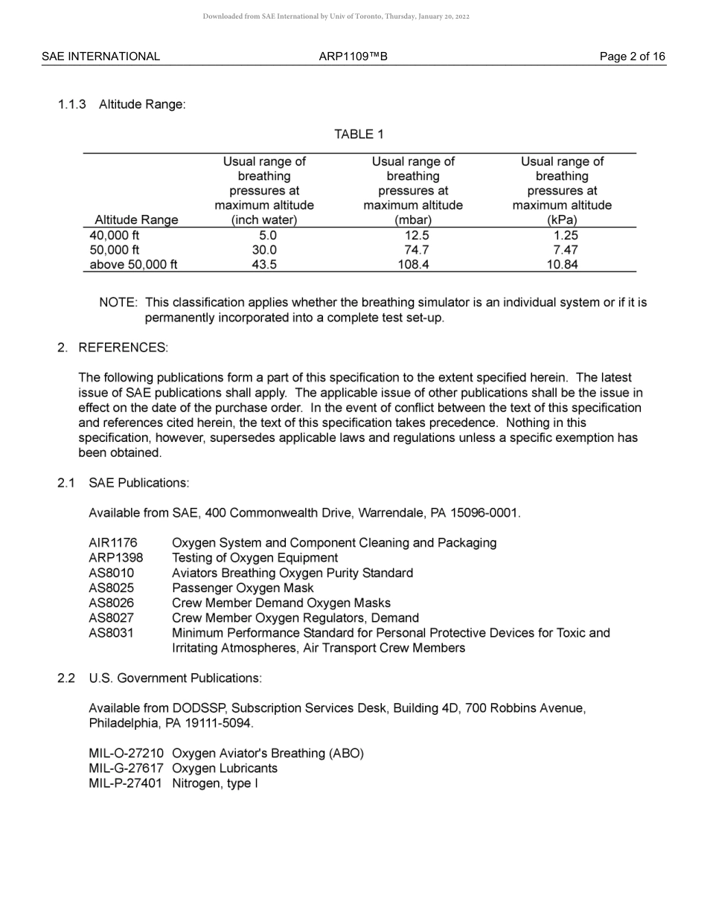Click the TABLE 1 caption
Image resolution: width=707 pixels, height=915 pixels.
tap(359, 135)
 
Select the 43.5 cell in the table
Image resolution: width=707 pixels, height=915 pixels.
tap(264, 265)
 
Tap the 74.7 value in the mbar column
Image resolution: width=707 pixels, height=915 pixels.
tap(413, 250)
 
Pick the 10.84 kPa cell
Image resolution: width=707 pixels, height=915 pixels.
tap(562, 265)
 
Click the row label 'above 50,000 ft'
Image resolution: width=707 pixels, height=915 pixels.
tap(133, 265)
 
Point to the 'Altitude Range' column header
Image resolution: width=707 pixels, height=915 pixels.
tap(136, 220)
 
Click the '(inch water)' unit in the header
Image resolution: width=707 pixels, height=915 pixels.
tap(264, 220)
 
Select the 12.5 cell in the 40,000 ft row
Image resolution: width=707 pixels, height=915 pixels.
tap(413, 235)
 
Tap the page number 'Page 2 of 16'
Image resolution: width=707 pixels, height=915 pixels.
tap(633, 57)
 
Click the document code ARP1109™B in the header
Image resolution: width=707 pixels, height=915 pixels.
tap(353, 57)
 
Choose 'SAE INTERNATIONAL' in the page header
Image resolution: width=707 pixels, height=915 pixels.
tap(100, 57)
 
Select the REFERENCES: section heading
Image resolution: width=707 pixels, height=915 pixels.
tap(123, 348)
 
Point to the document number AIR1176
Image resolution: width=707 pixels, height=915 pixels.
tap(112, 543)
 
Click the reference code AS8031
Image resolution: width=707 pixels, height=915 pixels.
tap(111, 633)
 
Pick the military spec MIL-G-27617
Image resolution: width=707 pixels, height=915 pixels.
tap(126, 768)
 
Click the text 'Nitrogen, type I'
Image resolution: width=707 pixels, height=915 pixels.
tap(215, 783)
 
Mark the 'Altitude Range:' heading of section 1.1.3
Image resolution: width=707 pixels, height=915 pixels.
tap(142, 105)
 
